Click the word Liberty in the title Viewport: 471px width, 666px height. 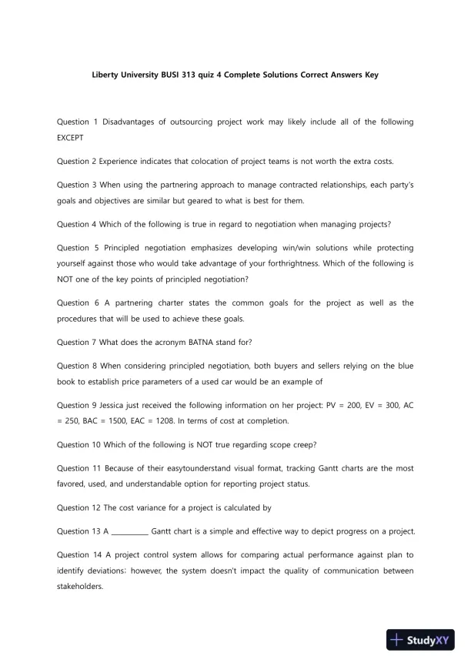coord(106,76)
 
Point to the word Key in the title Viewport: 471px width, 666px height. coord(371,76)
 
